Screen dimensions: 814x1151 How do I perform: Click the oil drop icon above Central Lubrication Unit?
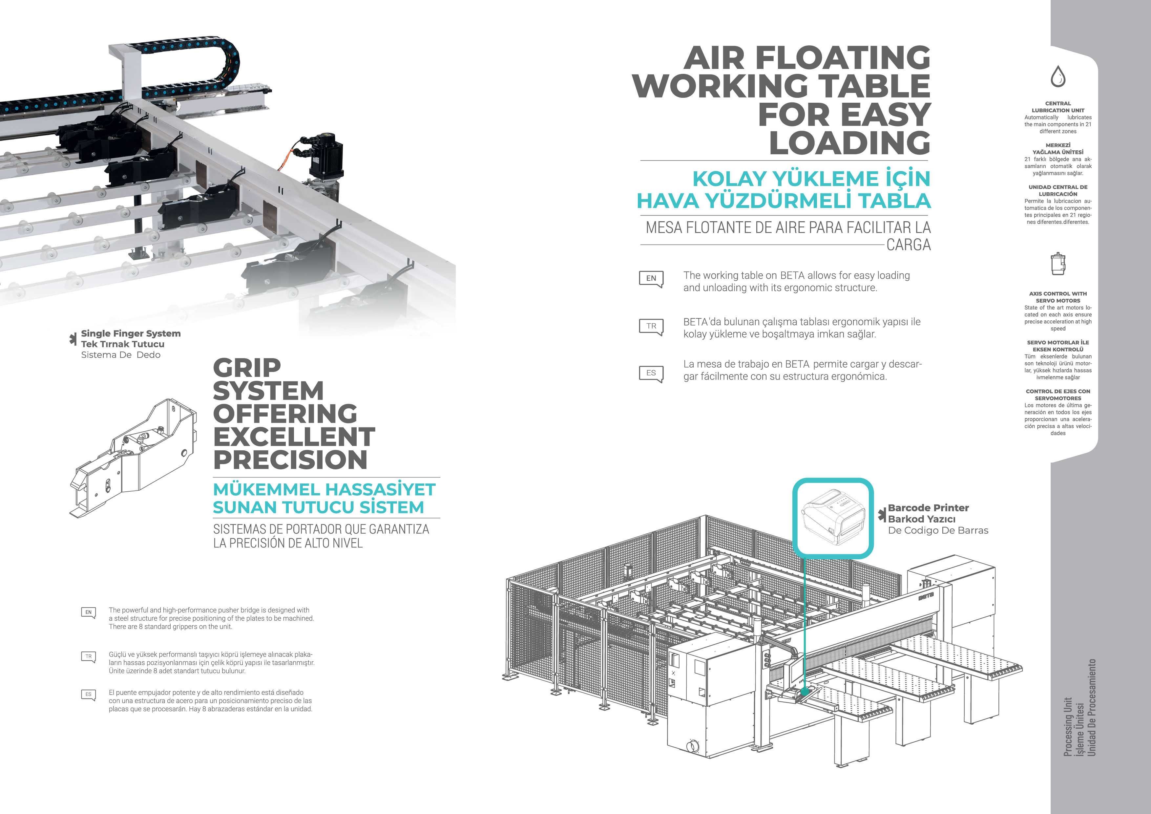click(1058, 76)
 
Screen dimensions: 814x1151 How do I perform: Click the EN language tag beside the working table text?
click(651, 278)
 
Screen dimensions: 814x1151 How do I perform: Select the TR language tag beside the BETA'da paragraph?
click(651, 326)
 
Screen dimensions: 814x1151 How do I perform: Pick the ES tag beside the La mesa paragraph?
click(651, 373)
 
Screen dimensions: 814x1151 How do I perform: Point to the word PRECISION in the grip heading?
click(290, 460)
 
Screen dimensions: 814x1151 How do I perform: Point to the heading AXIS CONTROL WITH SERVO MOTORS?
click(1058, 297)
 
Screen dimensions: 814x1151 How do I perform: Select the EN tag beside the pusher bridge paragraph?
click(88, 612)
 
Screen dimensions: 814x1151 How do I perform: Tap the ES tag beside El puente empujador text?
click(88, 695)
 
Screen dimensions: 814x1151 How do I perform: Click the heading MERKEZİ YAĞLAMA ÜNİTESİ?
click(1058, 148)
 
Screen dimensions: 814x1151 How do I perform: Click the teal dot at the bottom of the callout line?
click(804, 691)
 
